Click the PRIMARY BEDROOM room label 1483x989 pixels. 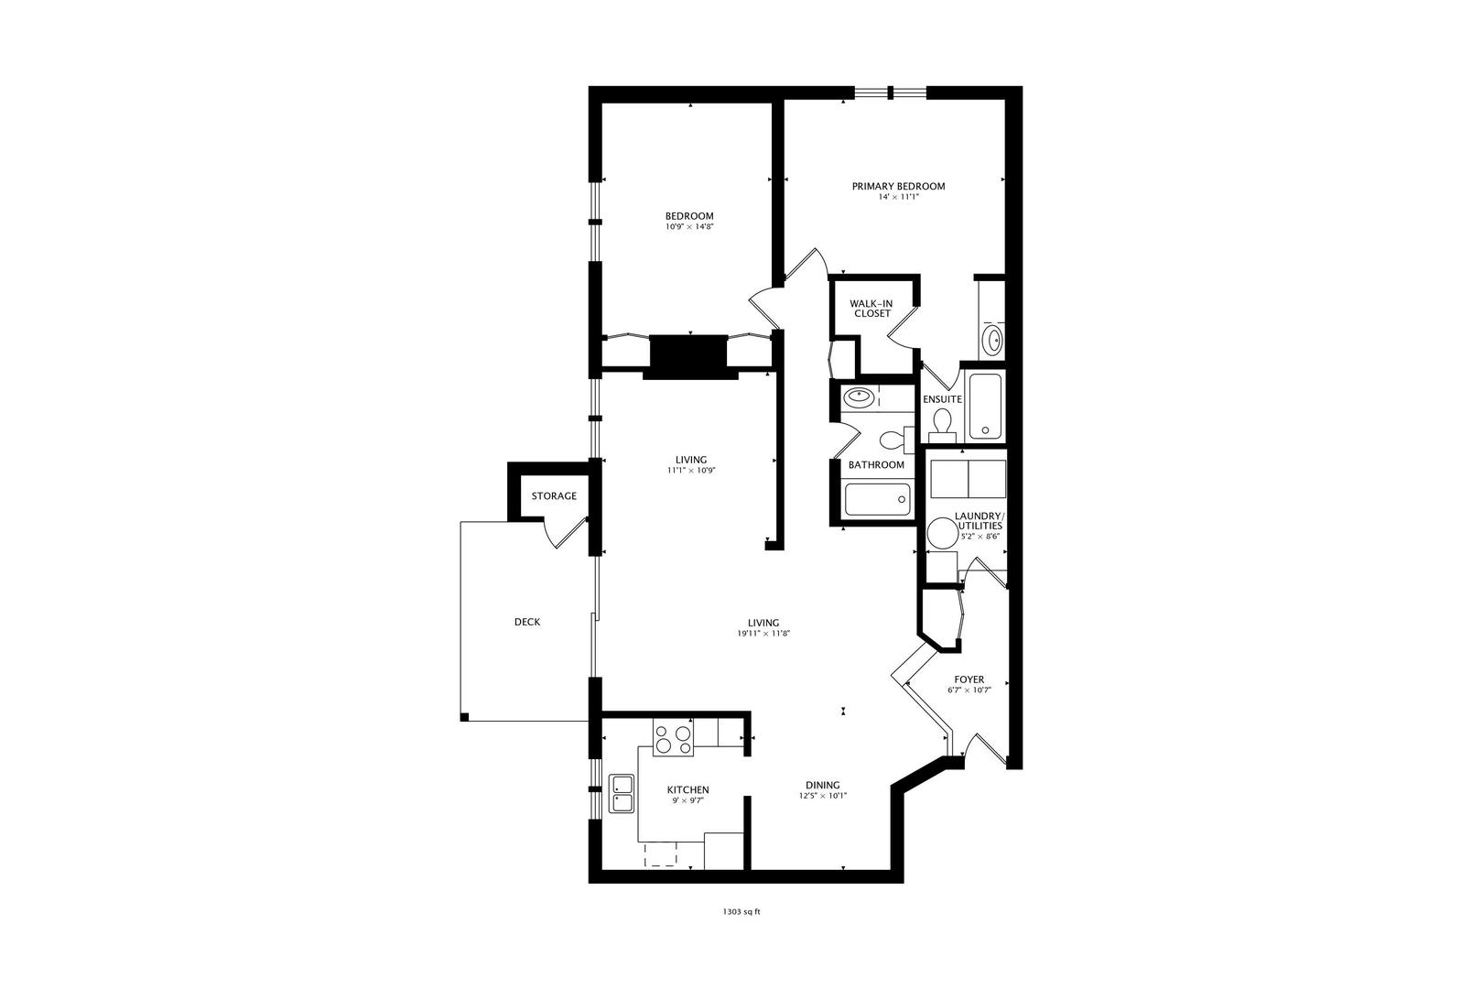coord(898,187)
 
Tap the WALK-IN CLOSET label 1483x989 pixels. coord(871,309)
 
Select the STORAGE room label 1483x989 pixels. coord(554,496)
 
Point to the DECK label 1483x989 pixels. coord(527,623)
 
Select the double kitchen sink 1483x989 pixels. coord(622,794)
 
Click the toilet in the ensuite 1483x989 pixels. coord(943,423)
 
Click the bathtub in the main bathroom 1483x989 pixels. coord(876,500)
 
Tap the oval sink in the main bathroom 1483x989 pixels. coord(860,397)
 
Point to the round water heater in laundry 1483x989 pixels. coord(942,533)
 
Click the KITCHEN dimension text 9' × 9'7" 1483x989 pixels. coord(687,801)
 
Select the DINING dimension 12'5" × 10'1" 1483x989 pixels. coord(822,796)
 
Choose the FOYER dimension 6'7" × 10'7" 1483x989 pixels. coord(969,690)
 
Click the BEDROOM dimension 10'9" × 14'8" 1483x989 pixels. coord(689,226)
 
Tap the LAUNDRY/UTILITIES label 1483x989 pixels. coord(979,521)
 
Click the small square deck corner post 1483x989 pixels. coord(464,717)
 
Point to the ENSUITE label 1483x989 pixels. coord(942,400)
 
